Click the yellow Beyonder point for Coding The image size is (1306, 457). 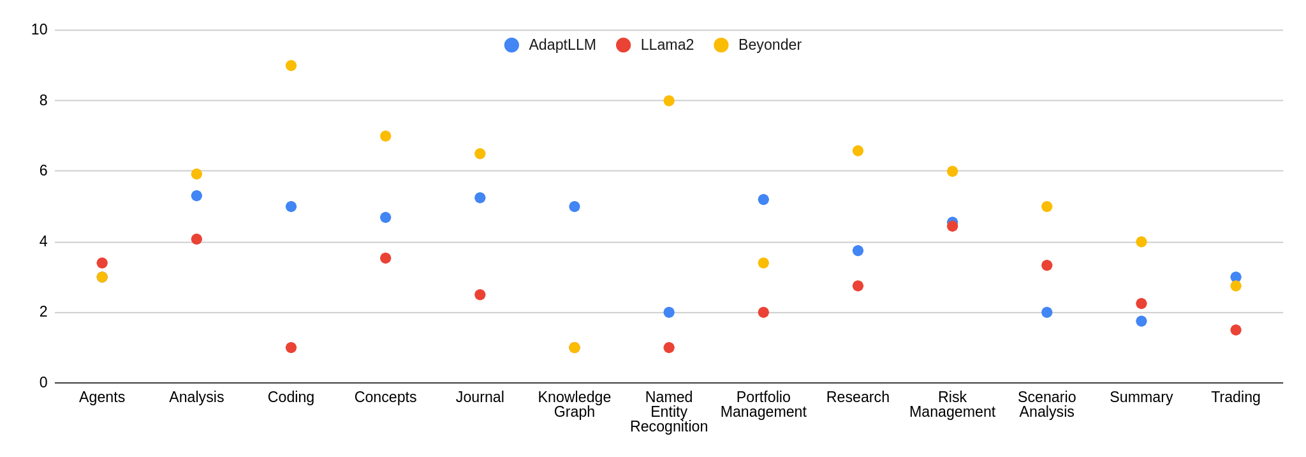(291, 66)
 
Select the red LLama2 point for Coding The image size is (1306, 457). (291, 348)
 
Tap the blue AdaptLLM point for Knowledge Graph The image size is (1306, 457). (575, 207)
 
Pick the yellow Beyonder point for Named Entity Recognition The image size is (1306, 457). (669, 101)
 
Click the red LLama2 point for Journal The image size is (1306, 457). (480, 295)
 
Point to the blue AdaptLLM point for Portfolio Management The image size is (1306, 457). (763, 200)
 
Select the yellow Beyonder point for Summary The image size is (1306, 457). (1141, 242)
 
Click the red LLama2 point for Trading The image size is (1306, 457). (1236, 330)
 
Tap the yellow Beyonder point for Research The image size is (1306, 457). (858, 151)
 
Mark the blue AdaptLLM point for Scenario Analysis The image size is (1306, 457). (1047, 313)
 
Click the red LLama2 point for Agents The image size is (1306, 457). (102, 263)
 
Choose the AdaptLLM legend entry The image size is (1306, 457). (550, 45)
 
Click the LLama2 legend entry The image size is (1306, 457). (656, 45)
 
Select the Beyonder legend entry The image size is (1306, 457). (758, 45)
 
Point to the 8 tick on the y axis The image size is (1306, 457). (43, 100)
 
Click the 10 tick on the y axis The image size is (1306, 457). (40, 29)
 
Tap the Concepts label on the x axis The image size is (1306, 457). (385, 398)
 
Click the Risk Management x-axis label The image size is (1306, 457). (952, 405)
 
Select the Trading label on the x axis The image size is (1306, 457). (1236, 398)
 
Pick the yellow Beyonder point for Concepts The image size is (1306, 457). (385, 136)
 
